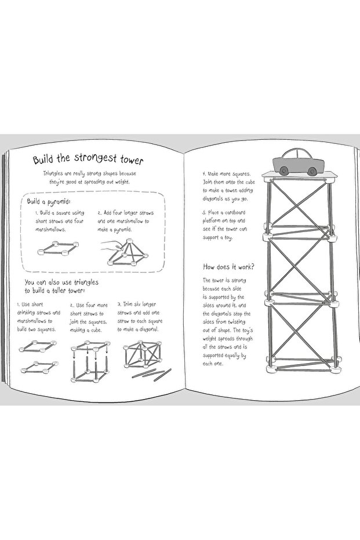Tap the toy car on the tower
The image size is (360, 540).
(299, 162)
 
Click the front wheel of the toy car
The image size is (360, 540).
(312, 170)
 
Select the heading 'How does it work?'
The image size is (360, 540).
(228, 267)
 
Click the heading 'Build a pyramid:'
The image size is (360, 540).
(48, 201)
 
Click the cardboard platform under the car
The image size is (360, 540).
(299, 175)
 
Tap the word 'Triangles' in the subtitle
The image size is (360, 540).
(53, 174)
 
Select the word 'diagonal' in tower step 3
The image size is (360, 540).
(148, 329)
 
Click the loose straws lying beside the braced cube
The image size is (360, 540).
(151, 374)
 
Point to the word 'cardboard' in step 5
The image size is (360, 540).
(235, 212)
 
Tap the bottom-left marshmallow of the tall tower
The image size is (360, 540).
(271, 369)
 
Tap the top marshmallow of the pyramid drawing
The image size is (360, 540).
(129, 241)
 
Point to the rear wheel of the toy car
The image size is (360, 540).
(284, 170)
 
